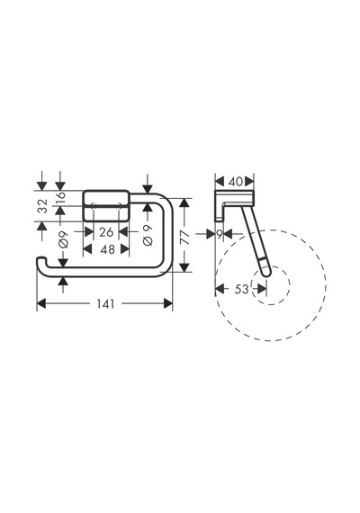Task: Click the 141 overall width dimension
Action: pos(105,304)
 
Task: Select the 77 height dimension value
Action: pos(184,238)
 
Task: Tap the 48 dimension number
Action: pos(108,249)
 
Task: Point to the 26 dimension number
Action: pos(106,232)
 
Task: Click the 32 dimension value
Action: pos(43,206)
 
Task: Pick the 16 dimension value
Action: pos(61,197)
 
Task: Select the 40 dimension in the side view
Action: pos(235,182)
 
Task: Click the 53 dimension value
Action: pos(241,289)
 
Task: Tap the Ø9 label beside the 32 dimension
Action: pos(63,239)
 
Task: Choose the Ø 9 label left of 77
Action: pos(148,235)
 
